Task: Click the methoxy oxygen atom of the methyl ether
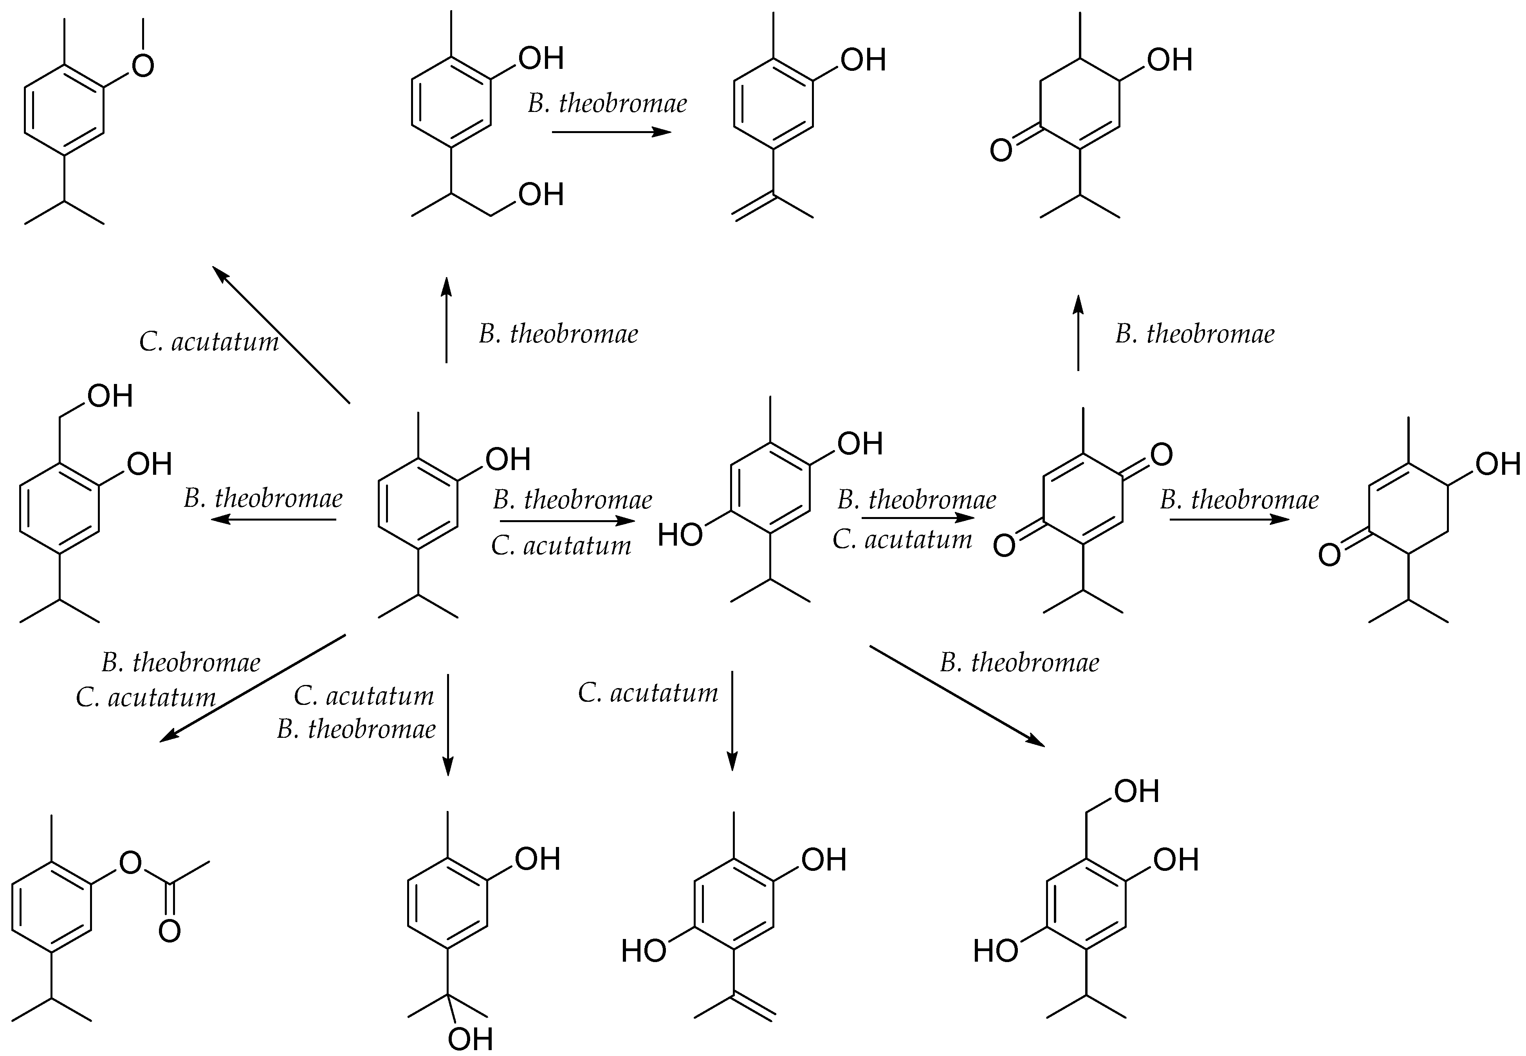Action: [x=143, y=65]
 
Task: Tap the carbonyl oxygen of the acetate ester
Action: [x=170, y=931]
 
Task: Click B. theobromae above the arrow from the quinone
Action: [x=1239, y=499]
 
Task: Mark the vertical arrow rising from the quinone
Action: [x=1078, y=333]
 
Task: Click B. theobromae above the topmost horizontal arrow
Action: [x=607, y=103]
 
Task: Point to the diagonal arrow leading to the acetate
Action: [x=253, y=687]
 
